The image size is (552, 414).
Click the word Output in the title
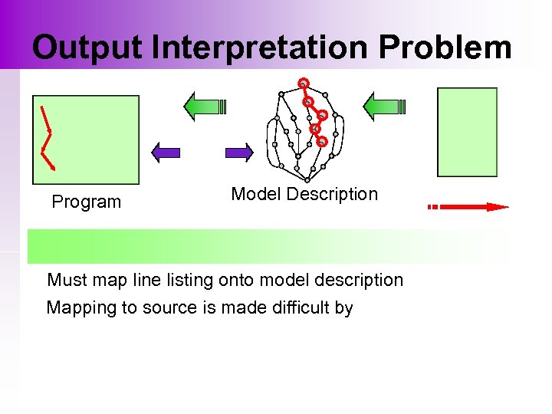88,48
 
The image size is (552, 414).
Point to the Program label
86,202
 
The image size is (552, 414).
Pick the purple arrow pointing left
166,152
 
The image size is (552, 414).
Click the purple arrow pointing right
238,152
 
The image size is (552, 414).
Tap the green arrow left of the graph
202,106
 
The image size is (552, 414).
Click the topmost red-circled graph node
304,83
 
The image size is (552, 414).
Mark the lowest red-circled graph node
323,141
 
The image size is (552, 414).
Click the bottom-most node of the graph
307,179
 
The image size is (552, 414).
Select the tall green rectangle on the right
467,132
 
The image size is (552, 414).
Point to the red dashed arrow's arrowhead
498,206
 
